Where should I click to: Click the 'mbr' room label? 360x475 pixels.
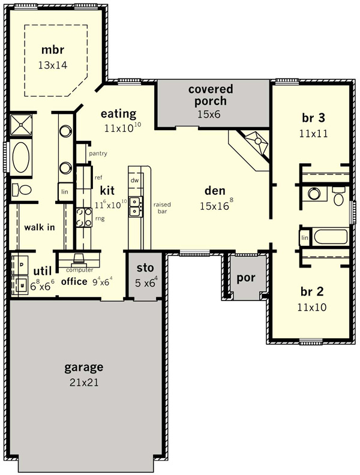coord(53,50)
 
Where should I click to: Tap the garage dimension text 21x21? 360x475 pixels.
coord(84,382)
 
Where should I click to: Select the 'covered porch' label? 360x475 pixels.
coord(211,95)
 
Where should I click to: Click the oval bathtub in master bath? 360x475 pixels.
coord(21,157)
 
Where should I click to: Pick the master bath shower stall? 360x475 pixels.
coord(21,125)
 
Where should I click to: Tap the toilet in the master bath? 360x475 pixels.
coord(22,190)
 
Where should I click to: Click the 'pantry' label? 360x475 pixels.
coord(98,154)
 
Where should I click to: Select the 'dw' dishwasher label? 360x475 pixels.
coord(134,181)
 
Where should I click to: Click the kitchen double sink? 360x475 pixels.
coord(135,206)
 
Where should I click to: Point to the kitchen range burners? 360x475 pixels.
coord(83,217)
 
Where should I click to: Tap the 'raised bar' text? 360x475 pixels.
coord(162,208)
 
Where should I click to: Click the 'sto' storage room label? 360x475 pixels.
coord(145,268)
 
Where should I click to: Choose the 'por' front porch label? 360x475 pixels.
coord(246,278)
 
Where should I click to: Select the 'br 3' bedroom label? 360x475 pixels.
coord(313,118)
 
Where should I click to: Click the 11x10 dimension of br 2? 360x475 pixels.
coord(312,308)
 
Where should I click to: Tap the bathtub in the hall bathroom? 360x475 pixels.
coord(331,236)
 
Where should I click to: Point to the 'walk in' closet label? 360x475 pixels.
coord(40,227)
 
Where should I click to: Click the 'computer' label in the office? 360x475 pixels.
coord(79,270)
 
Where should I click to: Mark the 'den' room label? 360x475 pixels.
coord(215,191)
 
